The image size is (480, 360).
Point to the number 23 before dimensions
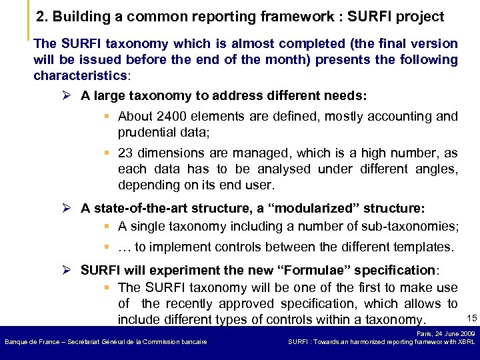126,153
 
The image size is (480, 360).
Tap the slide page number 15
471,317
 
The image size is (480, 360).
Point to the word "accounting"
399,117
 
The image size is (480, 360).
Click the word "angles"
436,169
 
